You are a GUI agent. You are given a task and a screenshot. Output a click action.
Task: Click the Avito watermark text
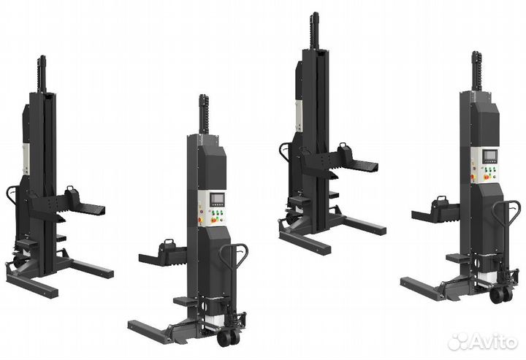[482, 341]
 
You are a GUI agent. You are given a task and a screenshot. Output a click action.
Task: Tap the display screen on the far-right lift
[489, 155]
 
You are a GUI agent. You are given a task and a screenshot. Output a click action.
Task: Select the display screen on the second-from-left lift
[216, 199]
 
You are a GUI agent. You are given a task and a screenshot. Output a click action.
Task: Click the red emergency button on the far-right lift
[473, 176]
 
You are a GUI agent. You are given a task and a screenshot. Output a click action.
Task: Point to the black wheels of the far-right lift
[500, 295]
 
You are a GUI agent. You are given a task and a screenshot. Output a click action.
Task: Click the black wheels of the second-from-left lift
[228, 337]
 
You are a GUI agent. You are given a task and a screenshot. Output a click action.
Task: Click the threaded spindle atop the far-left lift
[42, 74]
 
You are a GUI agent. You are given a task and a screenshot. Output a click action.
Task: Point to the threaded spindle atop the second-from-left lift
[204, 114]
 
